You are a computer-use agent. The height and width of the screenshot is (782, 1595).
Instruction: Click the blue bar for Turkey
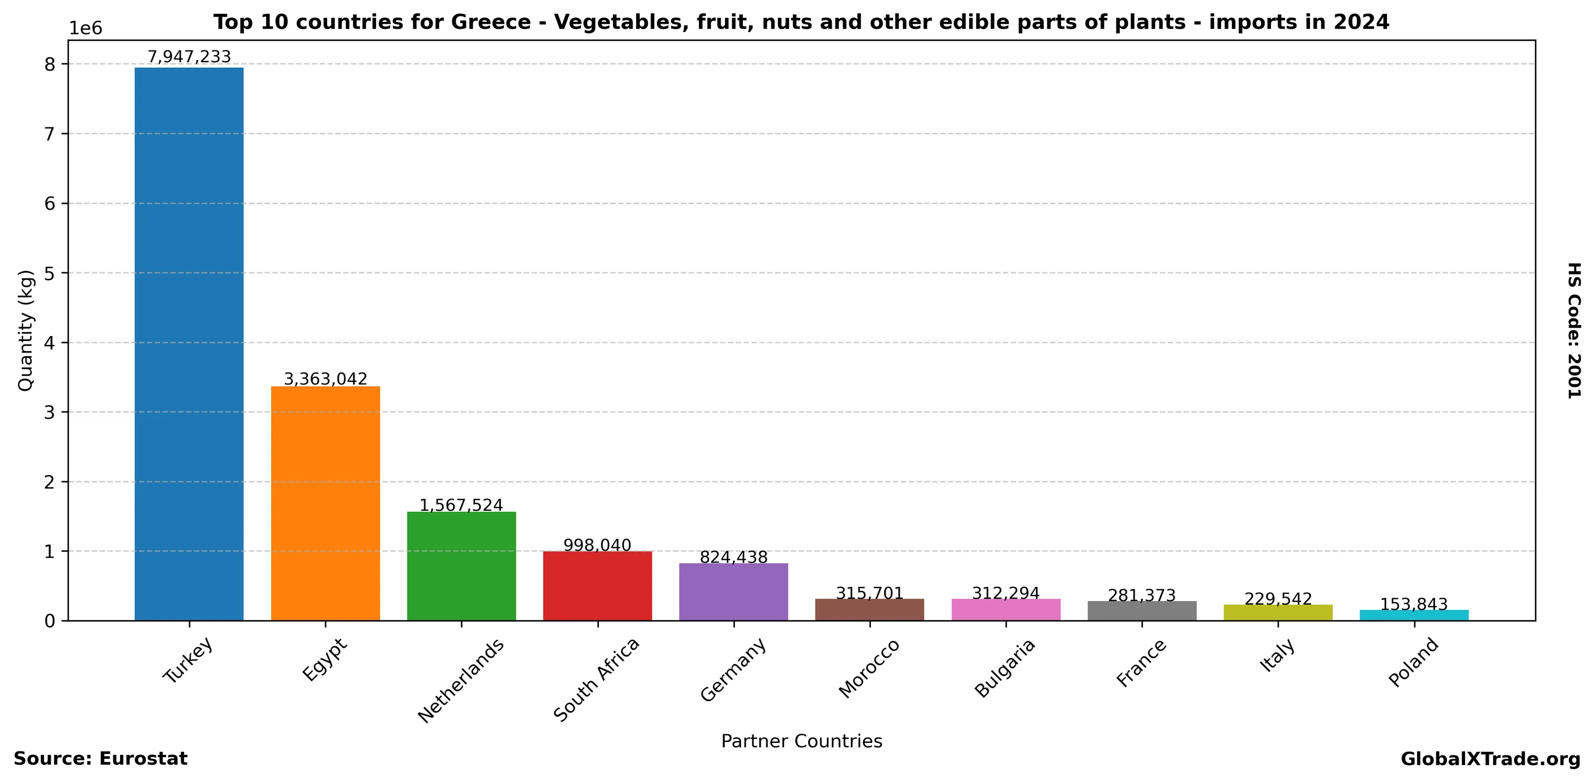[x=189, y=344]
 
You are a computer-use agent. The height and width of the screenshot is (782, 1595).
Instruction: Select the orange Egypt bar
[x=325, y=503]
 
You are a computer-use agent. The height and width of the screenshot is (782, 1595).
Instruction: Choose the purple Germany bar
[x=733, y=591]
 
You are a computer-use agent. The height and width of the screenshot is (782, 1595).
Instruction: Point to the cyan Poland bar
[x=1414, y=615]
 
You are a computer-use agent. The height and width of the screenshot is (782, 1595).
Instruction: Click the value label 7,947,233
[x=189, y=57]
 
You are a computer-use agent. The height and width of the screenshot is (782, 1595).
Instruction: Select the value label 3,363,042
[x=325, y=378]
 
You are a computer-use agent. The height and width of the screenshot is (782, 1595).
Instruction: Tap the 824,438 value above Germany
[x=733, y=557]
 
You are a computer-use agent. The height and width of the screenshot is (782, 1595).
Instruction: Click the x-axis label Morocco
[x=869, y=669]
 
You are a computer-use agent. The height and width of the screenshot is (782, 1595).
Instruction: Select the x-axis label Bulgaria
[x=1004, y=669]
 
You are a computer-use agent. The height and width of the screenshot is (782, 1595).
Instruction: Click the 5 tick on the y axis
[x=49, y=273]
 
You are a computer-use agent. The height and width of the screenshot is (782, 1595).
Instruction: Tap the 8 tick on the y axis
[x=49, y=64]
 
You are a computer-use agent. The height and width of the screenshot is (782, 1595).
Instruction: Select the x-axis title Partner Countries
[x=801, y=741]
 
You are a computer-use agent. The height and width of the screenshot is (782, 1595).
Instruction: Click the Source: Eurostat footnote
[x=100, y=759]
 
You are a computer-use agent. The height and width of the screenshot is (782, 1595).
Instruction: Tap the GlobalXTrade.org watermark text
[x=1490, y=759]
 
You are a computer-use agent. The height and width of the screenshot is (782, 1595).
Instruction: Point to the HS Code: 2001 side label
[x=1573, y=330]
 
